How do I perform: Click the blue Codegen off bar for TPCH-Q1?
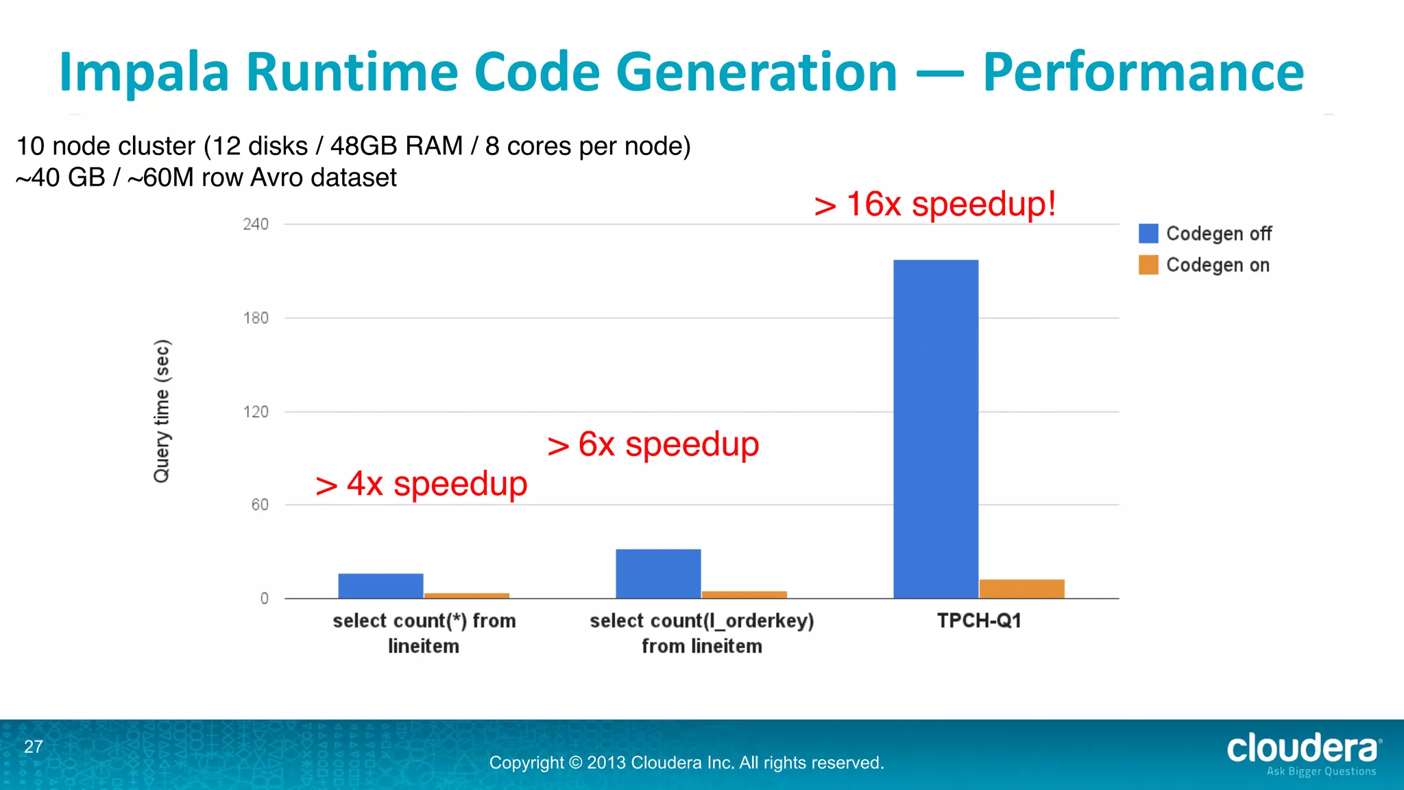(x=935, y=429)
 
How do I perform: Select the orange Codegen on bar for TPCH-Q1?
(x=1021, y=588)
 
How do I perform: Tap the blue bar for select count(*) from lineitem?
(x=380, y=586)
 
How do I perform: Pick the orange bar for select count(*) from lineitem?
(x=467, y=595)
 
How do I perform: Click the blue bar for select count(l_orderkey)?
(x=658, y=573)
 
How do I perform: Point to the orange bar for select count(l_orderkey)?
(x=744, y=594)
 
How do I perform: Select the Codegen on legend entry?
(x=1205, y=265)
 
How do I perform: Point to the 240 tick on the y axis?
(x=256, y=224)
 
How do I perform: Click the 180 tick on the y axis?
(x=256, y=318)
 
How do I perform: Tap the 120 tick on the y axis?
(x=256, y=412)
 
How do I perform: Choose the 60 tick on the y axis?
(x=260, y=505)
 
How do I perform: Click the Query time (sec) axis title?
(x=162, y=411)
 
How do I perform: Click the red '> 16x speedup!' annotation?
(x=935, y=204)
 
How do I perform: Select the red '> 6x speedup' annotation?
(x=653, y=444)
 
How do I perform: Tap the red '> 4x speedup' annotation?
(x=422, y=484)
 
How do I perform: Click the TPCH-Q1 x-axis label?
(x=979, y=621)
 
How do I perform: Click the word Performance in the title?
(x=1143, y=72)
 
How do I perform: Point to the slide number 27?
(x=34, y=747)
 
